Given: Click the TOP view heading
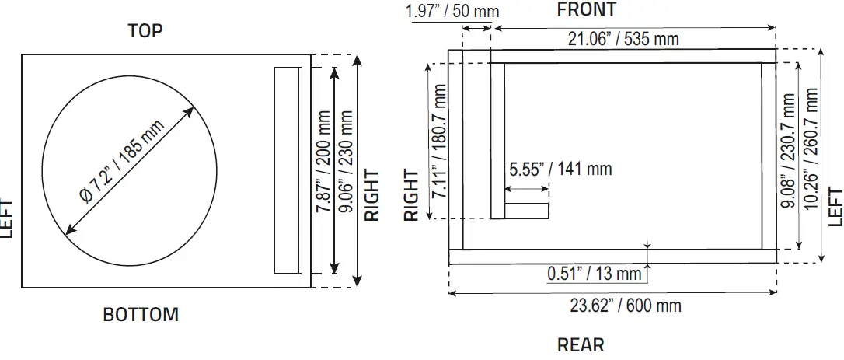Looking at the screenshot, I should click(x=145, y=31).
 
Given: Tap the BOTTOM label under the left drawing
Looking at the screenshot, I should click(x=141, y=315).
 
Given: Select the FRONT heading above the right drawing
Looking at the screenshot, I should click(x=587, y=9).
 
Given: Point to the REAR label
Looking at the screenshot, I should click(x=581, y=344).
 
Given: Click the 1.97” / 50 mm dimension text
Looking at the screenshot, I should click(x=452, y=12).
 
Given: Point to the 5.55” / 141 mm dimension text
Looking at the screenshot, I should click(x=560, y=169).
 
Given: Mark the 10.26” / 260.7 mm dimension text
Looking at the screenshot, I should click(x=812, y=152).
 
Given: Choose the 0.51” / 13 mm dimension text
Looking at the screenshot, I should click(x=595, y=274).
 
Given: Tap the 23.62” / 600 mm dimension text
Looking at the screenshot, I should click(x=626, y=305).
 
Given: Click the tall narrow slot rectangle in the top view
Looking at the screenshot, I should click(x=287, y=170).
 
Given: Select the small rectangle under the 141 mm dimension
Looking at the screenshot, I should click(x=527, y=211).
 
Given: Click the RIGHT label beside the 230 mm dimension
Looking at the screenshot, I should click(x=373, y=194).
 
